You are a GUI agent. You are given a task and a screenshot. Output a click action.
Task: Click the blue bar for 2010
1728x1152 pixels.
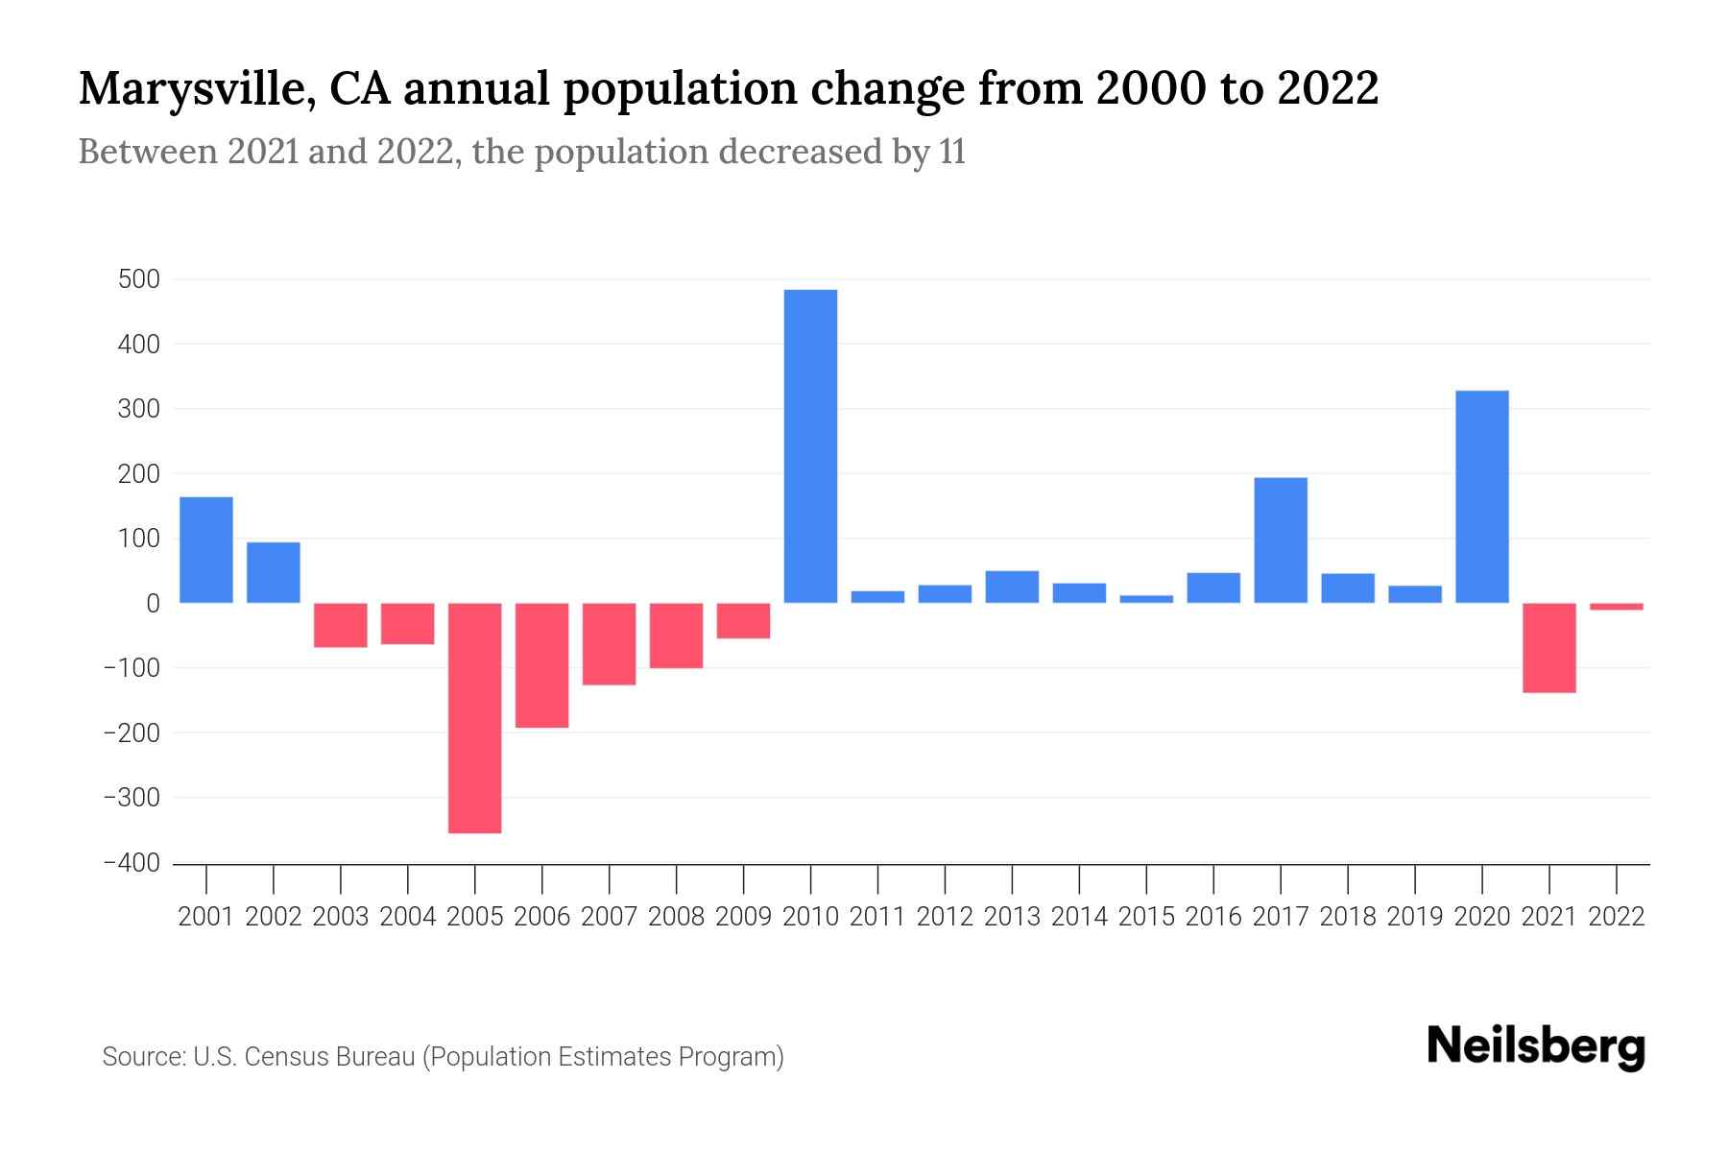point(810,446)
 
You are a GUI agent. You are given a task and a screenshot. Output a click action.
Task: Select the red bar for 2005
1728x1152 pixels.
point(474,718)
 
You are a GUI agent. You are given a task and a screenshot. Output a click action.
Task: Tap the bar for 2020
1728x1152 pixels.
point(1482,496)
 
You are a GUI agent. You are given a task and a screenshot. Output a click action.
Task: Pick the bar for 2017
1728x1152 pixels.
point(1281,540)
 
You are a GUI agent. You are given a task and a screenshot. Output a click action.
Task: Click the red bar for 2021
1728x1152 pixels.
point(1548,648)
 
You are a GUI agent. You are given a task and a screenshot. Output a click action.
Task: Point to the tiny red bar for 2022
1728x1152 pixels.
point(1616,607)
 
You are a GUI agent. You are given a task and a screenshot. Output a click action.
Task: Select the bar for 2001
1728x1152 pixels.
point(206,550)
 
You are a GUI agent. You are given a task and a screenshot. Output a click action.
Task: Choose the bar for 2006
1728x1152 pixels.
point(541,665)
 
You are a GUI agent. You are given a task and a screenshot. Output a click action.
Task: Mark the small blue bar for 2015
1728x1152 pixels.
point(1146,599)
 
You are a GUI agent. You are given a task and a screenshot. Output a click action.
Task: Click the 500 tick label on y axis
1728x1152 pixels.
point(139,279)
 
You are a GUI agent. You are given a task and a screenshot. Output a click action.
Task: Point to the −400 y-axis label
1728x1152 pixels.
point(132,863)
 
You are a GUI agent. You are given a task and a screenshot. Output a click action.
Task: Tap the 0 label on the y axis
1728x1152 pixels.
point(153,604)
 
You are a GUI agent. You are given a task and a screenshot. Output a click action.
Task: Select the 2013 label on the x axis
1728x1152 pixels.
point(1012,917)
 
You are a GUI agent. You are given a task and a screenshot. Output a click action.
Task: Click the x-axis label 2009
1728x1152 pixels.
point(743,917)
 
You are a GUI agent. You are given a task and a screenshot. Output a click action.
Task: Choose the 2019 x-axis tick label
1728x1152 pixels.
point(1414,917)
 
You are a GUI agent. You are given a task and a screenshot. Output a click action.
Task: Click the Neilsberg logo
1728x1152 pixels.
point(1535,1047)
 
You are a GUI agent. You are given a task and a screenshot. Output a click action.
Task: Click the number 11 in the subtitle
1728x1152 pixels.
point(951,153)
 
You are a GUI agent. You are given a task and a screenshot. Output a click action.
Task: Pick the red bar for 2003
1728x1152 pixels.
point(341,625)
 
